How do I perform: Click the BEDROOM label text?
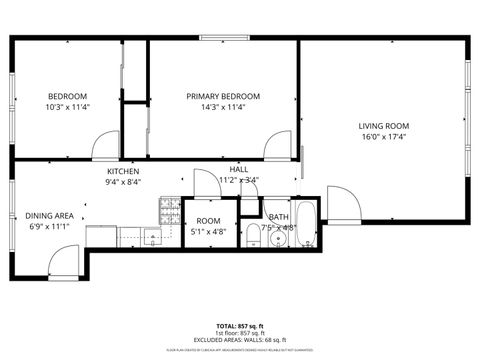tap(68, 96)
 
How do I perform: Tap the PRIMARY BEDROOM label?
tap(223, 96)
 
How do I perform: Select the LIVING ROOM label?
tap(384, 126)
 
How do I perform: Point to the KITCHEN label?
tap(123, 171)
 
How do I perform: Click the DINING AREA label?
tap(49, 216)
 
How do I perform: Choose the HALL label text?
tap(238, 170)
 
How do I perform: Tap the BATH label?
tap(278, 217)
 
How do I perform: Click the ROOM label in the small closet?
tap(208, 221)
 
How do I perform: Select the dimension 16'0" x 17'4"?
tap(384, 137)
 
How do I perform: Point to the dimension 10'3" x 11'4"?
tap(68, 107)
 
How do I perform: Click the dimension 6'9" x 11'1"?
tap(49, 227)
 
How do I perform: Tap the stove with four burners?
tap(168, 210)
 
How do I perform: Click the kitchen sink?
tap(152, 238)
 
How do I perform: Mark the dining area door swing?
tap(63, 262)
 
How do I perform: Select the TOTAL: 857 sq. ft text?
tap(239, 327)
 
